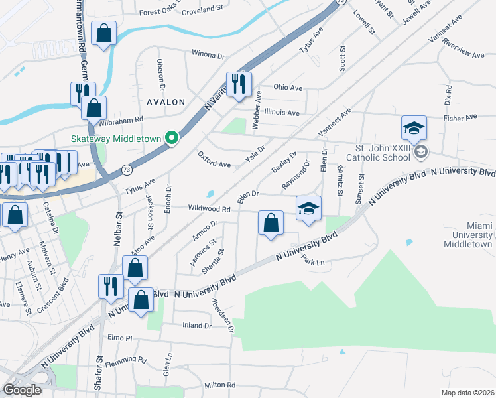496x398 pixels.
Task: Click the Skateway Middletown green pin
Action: [x=172, y=138]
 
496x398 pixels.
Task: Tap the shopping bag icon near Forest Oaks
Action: [x=105, y=33]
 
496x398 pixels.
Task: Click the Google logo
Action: [x=22, y=390]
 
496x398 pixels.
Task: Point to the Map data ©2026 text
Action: [x=467, y=393]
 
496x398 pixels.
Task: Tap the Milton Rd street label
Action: [x=220, y=385]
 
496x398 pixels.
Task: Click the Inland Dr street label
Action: [x=197, y=326]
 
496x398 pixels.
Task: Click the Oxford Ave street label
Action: [x=214, y=159]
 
